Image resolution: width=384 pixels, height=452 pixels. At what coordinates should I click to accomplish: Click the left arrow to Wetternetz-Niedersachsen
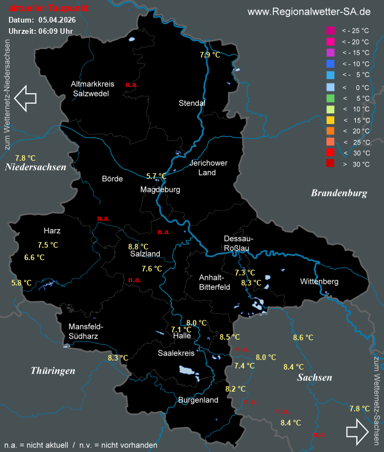click(x=25, y=98)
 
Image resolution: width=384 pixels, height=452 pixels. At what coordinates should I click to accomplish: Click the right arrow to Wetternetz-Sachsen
click(x=357, y=432)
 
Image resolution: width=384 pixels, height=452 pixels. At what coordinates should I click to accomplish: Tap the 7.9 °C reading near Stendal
click(x=210, y=55)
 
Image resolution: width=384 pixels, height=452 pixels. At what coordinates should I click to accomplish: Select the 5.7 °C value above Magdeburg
click(x=156, y=177)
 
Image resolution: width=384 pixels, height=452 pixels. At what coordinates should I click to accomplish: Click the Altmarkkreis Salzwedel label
click(x=93, y=89)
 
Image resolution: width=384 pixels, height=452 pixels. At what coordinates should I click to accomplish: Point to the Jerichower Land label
click(x=208, y=168)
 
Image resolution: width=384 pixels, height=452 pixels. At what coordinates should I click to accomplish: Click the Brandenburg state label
click(x=339, y=193)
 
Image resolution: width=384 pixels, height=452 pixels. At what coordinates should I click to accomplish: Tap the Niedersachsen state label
click(x=35, y=167)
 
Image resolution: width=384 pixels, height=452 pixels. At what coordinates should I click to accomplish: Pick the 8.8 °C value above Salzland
click(x=138, y=247)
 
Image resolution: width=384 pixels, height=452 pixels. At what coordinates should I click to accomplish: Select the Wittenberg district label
click(x=319, y=282)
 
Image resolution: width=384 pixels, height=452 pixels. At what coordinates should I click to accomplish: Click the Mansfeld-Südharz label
click(x=86, y=331)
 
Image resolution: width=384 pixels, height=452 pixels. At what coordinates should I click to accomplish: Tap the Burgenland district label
click(x=198, y=400)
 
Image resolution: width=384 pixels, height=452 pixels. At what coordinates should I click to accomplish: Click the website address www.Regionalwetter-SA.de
click(x=309, y=12)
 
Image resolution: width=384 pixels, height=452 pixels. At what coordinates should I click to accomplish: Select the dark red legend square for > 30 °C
click(x=330, y=164)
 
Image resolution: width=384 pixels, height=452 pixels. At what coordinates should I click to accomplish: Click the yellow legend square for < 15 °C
click(x=330, y=120)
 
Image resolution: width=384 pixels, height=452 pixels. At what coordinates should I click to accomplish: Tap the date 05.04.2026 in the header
click(x=57, y=20)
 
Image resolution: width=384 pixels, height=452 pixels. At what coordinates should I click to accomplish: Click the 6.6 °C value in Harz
click(x=34, y=257)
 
